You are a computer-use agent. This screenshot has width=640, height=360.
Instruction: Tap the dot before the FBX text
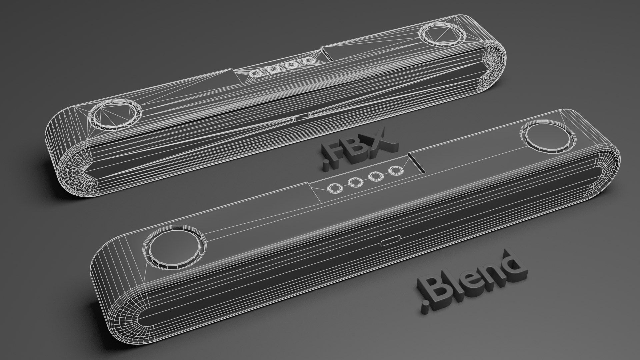pyautogui.click(x=325, y=167)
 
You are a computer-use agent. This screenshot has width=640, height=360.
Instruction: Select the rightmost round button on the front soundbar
pyautogui.click(x=396, y=170)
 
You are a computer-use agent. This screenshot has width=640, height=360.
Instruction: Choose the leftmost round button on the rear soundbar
pyautogui.click(x=256, y=73)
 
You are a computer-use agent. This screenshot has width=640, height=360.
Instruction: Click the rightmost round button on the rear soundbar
pyautogui.click(x=310, y=61)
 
